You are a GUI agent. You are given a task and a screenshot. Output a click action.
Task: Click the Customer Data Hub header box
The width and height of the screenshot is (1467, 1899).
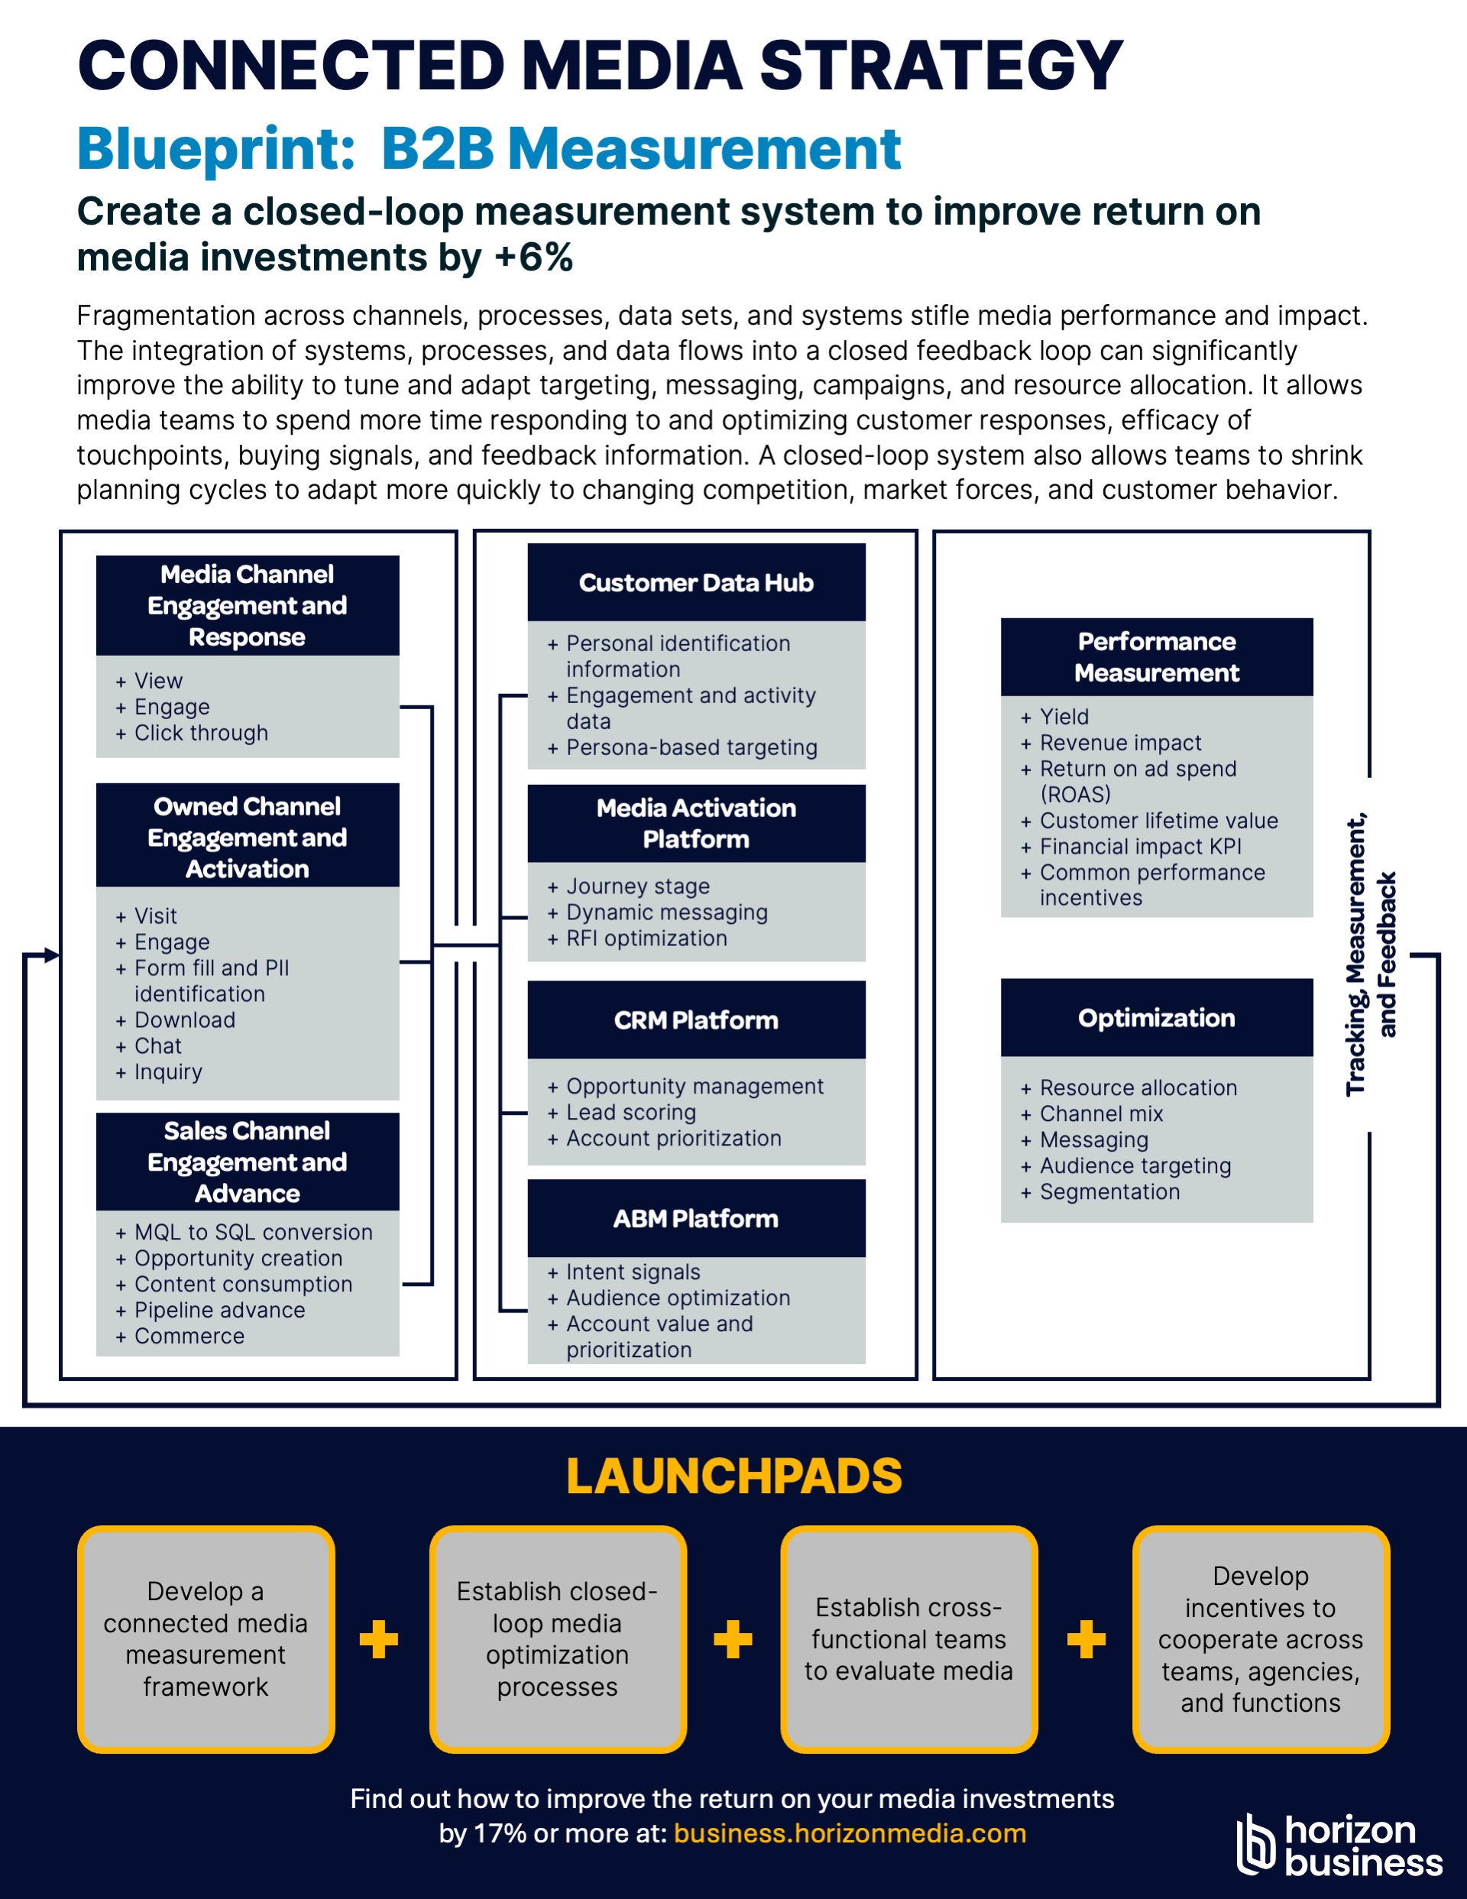pyautogui.click(x=695, y=582)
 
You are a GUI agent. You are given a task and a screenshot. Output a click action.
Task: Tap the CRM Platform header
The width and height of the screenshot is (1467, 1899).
pyautogui.click(x=695, y=1019)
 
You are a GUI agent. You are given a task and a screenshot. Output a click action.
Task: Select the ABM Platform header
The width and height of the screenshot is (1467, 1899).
pyautogui.click(x=695, y=1217)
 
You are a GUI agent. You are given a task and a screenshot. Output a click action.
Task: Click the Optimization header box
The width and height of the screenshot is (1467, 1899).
pyautogui.click(x=1156, y=1017)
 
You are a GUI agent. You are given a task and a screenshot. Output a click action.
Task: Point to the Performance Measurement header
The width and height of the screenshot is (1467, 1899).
pyautogui.click(x=1156, y=656)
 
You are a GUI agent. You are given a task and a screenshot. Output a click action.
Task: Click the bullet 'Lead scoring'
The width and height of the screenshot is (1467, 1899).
pyautogui.click(x=630, y=1112)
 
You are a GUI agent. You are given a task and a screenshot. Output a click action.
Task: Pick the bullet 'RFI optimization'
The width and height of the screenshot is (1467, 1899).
pyautogui.click(x=646, y=938)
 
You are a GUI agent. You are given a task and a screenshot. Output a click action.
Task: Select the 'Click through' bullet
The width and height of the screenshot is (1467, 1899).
pyautogui.click(x=201, y=733)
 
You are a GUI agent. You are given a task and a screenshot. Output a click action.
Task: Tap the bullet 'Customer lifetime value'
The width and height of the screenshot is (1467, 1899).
pyautogui.click(x=1158, y=821)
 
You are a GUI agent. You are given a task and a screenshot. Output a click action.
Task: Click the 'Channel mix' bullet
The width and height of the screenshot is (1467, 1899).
pyautogui.click(x=1101, y=1114)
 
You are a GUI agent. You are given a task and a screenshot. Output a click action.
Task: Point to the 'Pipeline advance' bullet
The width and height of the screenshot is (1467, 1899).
pyautogui.click(x=219, y=1311)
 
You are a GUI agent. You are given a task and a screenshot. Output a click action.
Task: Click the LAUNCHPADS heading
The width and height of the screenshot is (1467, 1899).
pyautogui.click(x=733, y=1476)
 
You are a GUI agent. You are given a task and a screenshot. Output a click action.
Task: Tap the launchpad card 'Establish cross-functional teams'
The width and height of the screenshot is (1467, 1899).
pyautogui.click(x=908, y=1639)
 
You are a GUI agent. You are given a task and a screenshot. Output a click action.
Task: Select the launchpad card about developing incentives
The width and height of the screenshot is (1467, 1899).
pyautogui.click(x=1260, y=1639)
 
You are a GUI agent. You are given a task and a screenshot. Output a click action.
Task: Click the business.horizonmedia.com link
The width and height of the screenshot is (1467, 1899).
pyautogui.click(x=850, y=1833)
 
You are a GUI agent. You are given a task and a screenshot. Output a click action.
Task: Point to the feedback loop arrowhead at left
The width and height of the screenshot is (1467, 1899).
pyautogui.click(x=52, y=954)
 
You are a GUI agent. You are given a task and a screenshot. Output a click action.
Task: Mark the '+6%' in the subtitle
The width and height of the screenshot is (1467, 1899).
pyautogui.click(x=533, y=258)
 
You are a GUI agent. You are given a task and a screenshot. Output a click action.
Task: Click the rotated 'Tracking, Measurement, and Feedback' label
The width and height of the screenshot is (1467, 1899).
pyautogui.click(x=1371, y=954)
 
